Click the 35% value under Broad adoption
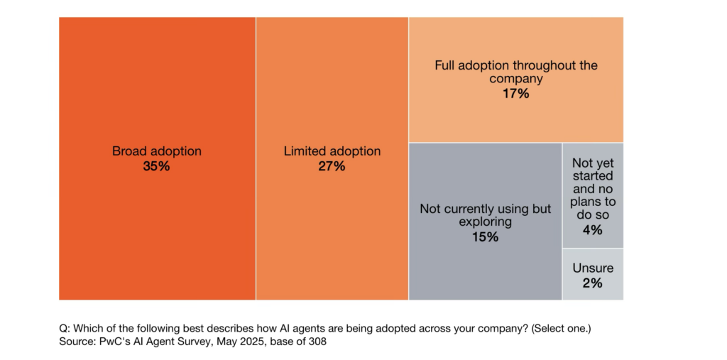(x=157, y=166)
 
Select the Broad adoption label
(x=157, y=151)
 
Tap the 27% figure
(x=332, y=166)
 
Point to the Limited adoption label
(x=332, y=151)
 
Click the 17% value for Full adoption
(x=515, y=94)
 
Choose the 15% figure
(x=486, y=237)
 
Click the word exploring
(x=486, y=222)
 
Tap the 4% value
(x=593, y=229)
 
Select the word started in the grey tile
(x=593, y=176)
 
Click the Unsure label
(x=593, y=268)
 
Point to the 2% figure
(x=593, y=283)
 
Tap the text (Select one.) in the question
(x=562, y=329)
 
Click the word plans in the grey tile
(x=593, y=203)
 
